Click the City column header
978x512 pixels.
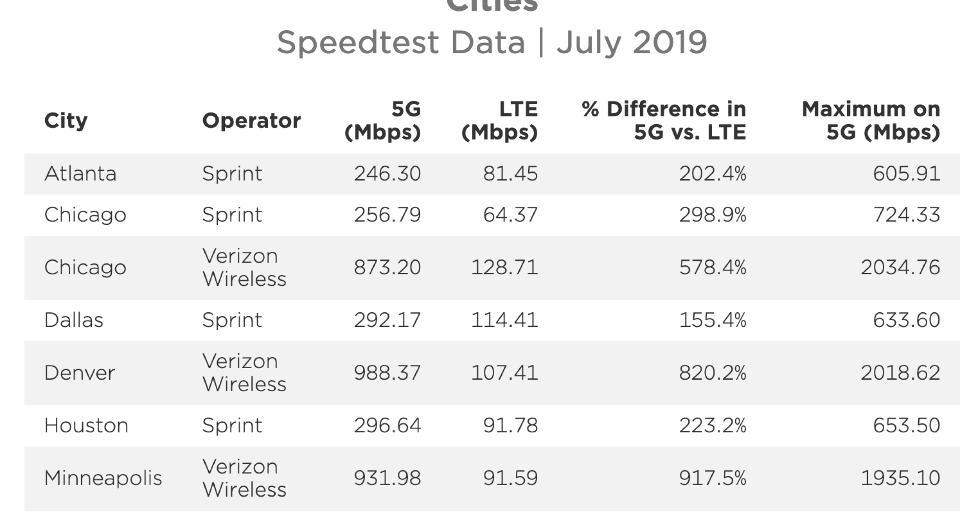click(66, 121)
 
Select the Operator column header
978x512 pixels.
click(251, 121)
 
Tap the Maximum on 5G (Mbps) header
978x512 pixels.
click(871, 121)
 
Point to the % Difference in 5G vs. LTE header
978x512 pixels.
click(664, 121)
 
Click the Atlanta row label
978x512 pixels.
click(80, 174)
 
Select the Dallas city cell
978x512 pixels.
click(74, 320)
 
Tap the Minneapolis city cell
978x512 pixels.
click(103, 478)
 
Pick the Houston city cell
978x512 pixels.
click(86, 425)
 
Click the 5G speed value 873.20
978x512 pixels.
click(387, 268)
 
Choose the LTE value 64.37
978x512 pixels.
click(510, 215)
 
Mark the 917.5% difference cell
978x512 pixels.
click(713, 478)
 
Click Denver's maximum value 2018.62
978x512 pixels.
click(900, 373)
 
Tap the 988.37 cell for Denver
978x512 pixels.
click(387, 373)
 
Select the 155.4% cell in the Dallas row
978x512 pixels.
click(713, 320)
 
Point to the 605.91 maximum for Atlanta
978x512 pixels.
click(906, 174)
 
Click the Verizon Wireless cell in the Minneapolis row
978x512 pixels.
click(244, 478)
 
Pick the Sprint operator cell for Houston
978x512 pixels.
click(232, 425)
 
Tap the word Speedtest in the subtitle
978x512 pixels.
click(358, 43)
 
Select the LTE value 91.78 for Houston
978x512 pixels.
click(510, 425)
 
